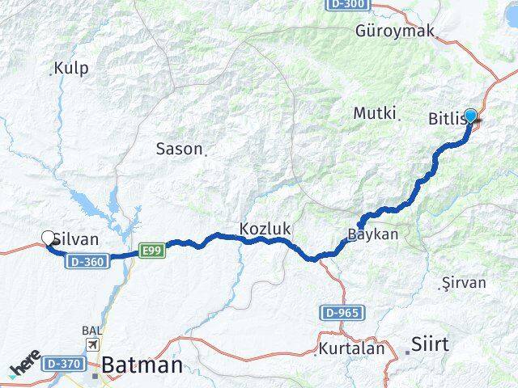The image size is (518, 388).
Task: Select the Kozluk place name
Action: click(x=265, y=230)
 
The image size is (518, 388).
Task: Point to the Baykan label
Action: click(x=372, y=234)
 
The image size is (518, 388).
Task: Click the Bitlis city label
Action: click(x=446, y=120)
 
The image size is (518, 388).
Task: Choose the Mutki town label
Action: click(x=374, y=114)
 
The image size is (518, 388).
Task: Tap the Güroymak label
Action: click(x=394, y=32)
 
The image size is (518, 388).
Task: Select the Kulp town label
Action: click(x=71, y=69)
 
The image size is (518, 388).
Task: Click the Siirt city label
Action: click(x=430, y=344)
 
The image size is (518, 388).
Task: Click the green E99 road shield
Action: click(x=152, y=251)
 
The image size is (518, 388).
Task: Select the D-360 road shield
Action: click(x=86, y=262)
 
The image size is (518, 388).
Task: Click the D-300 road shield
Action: click(x=350, y=5)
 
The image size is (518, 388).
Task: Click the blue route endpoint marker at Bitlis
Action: click(x=470, y=116)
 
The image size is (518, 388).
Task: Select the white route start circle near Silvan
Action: click(x=48, y=238)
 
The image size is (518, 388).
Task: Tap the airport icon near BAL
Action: click(x=93, y=345)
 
